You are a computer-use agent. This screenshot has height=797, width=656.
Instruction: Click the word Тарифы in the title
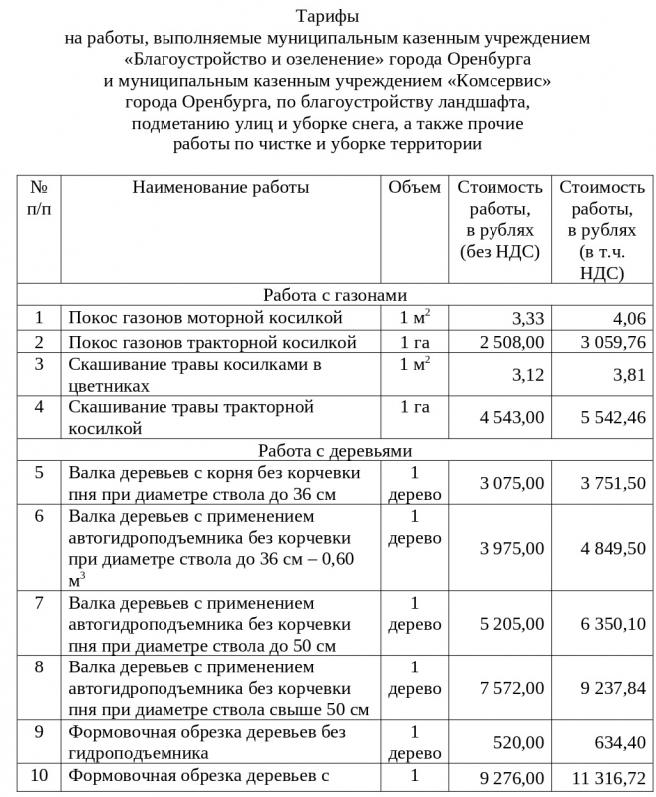click(328, 17)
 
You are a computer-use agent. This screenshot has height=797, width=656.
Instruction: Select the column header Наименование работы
click(220, 187)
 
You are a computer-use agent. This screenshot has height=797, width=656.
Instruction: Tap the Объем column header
click(414, 187)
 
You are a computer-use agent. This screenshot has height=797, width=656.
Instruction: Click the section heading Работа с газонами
click(336, 295)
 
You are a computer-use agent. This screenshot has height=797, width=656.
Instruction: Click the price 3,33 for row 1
click(527, 319)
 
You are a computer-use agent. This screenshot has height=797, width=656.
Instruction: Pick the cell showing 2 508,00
click(511, 342)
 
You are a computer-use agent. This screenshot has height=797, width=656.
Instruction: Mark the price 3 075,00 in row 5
click(511, 484)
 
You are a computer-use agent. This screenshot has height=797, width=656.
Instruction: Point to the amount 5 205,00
click(511, 624)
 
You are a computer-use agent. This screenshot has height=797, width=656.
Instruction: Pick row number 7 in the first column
click(39, 603)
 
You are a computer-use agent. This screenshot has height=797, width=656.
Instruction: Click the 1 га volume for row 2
click(414, 342)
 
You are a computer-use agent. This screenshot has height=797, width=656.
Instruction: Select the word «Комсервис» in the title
click(498, 80)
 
